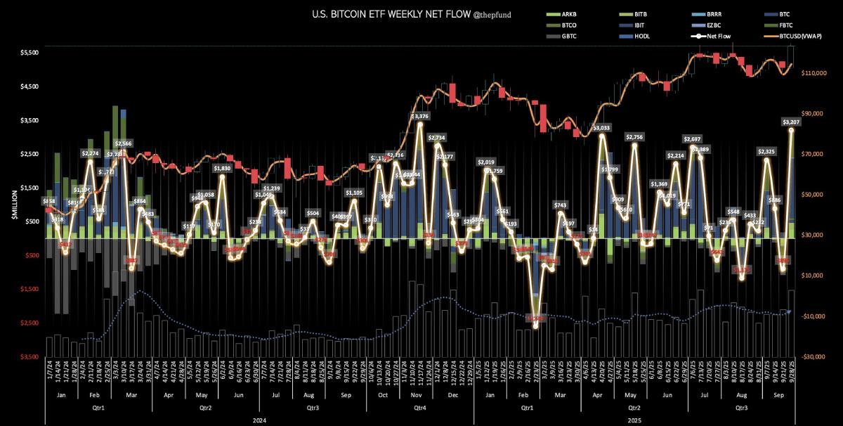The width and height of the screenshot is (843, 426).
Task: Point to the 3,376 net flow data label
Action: tap(420, 116)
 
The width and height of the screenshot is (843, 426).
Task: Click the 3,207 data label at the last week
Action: tap(792, 122)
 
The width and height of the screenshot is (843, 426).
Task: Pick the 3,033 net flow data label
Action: tap(601, 128)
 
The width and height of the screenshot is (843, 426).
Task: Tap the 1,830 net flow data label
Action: tap(222, 169)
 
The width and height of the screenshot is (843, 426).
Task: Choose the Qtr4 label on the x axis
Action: tap(420, 407)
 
